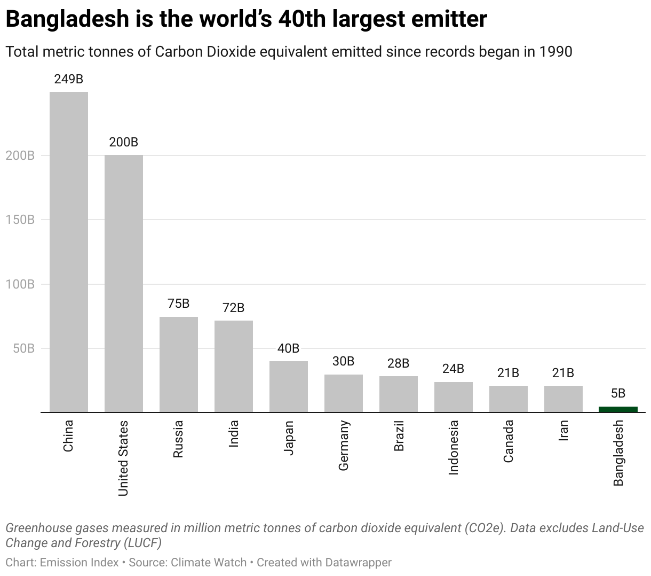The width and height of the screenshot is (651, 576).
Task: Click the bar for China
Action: coord(69,252)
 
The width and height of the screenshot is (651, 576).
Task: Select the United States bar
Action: coord(124,283)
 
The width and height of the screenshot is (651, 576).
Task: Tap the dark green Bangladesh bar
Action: coord(618,409)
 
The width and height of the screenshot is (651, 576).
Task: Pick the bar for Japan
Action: coord(289,386)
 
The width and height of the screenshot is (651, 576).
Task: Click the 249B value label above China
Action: coord(69,79)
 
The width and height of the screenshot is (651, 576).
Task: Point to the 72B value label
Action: coord(234,308)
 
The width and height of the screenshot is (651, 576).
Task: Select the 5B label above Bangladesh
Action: coord(618,393)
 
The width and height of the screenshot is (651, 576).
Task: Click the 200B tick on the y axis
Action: coord(20,155)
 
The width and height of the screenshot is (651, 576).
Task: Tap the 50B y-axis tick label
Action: coord(23,348)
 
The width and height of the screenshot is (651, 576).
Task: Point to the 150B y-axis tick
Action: coord(20,220)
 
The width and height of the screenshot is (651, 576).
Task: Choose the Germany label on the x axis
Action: coord(344,446)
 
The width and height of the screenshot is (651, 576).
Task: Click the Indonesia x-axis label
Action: coord(454,447)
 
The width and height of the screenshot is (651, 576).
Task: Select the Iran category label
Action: coord(563,430)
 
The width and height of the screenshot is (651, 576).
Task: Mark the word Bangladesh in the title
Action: coord(68,19)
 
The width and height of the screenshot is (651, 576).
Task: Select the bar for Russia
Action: coord(179,364)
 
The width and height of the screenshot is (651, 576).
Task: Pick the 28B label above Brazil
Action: coord(398,363)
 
